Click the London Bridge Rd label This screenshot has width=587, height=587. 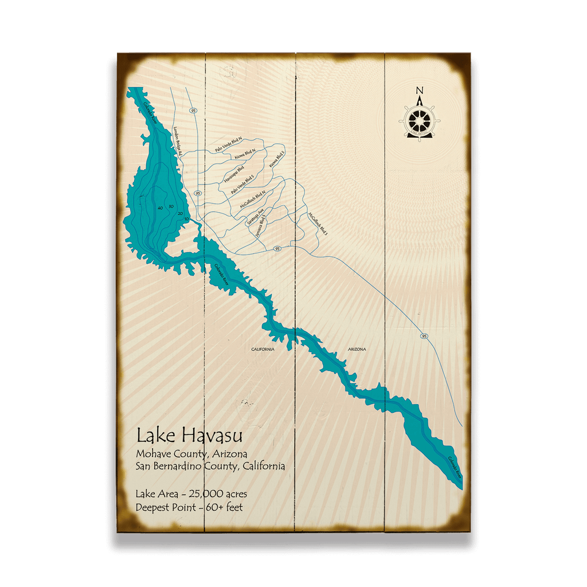[178, 139]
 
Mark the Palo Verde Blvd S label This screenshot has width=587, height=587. [242, 185]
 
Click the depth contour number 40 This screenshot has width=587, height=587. [160, 208]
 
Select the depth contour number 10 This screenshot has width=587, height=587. [186, 219]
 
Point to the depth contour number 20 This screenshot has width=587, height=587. [180, 213]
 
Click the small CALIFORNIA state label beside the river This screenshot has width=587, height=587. [263, 349]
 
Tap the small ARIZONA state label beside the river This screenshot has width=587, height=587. [357, 349]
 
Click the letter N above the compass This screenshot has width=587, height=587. [420, 91]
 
